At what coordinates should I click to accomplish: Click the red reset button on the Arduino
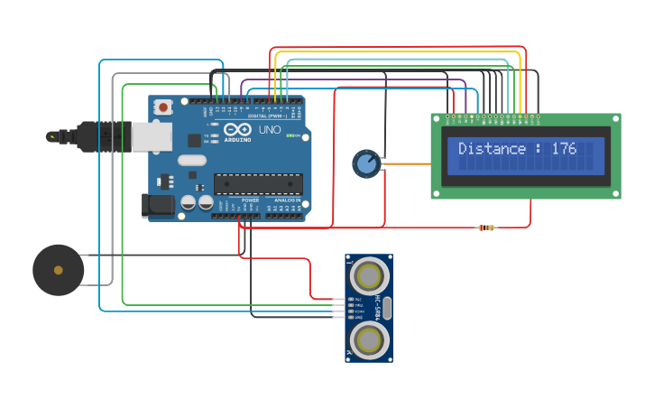pos(163,107)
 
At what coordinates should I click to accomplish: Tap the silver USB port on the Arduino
pos(152,136)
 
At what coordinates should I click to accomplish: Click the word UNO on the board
pos(270,130)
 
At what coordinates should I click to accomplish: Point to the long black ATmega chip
pos(257,182)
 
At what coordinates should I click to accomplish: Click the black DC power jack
pos(159,206)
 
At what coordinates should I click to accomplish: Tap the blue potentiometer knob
pos(365,163)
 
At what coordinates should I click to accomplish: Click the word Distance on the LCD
pos(492,149)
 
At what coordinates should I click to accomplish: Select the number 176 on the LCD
pos(564,149)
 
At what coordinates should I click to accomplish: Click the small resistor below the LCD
pos(486,228)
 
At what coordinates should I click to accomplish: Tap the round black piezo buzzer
pos(59,270)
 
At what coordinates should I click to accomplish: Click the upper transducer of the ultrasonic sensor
pos(369,274)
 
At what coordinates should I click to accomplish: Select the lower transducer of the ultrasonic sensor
pos(369,339)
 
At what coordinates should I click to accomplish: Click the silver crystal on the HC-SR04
pos(387,308)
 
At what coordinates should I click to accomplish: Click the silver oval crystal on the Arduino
pos(192,161)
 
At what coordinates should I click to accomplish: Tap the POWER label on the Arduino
pos(250,225)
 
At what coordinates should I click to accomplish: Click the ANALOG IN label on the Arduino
pos(287,225)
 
